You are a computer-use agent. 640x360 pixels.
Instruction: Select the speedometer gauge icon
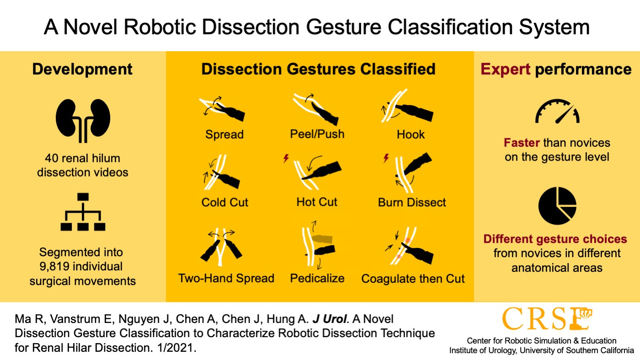tap(557, 112)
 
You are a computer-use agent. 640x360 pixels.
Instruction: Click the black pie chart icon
tap(557, 206)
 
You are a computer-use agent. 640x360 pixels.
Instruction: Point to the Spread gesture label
tap(225, 134)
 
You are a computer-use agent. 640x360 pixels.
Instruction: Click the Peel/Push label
tap(317, 134)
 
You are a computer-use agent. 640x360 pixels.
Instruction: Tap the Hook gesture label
tap(410, 134)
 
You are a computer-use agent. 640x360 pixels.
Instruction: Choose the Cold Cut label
tap(225, 202)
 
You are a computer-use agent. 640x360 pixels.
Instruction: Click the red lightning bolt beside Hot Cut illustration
tap(286, 158)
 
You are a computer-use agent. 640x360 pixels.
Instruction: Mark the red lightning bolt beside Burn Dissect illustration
tap(386, 158)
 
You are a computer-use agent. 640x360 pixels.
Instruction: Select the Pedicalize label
tap(317, 278)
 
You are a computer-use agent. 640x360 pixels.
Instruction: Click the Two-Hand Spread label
tap(226, 278)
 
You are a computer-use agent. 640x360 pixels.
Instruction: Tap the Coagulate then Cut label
tap(413, 279)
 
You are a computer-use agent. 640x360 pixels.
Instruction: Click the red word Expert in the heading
tap(506, 70)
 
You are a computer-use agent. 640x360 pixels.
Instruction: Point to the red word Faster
tap(522, 143)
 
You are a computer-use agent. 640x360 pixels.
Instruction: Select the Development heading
tap(82, 70)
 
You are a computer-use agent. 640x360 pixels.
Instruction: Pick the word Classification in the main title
tap(450, 27)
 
